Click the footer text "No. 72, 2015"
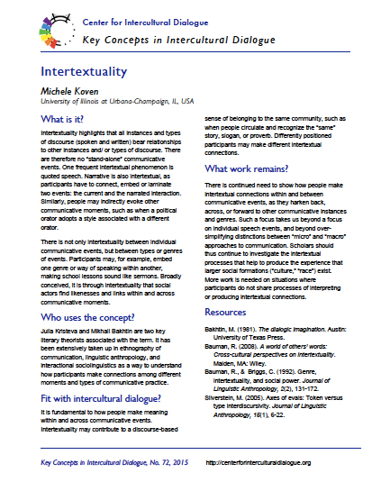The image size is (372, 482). [x=156, y=462]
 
